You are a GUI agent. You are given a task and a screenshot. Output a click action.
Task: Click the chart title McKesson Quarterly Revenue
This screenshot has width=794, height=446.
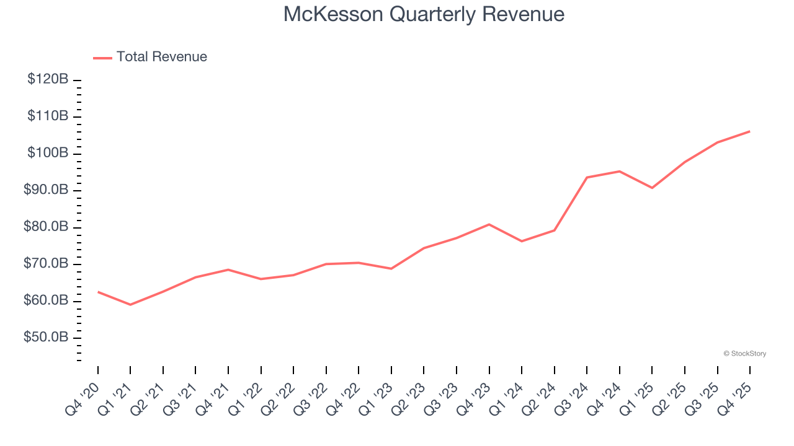(424, 14)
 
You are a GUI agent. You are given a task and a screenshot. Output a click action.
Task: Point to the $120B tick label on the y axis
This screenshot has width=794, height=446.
(48, 79)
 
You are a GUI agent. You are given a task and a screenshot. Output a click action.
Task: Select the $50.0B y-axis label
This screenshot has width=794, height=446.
(47, 338)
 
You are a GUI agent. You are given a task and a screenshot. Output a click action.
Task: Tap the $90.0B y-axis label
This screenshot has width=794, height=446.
(47, 190)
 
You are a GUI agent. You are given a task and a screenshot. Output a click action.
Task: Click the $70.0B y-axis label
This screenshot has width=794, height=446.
(47, 264)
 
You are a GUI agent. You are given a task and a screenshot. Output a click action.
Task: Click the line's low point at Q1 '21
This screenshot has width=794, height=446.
(130, 305)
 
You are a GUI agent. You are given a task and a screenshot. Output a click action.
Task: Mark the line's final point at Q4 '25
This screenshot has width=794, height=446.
(749, 131)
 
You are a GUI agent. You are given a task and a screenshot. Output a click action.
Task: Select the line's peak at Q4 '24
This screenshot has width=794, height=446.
(619, 171)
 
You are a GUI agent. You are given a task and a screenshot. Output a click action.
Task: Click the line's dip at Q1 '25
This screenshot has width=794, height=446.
(652, 188)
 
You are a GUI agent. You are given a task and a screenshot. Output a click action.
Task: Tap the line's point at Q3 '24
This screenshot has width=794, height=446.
(587, 177)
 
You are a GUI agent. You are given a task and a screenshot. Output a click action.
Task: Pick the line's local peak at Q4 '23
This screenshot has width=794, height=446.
(489, 224)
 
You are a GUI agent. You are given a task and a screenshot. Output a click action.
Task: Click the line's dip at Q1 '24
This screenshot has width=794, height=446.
(522, 241)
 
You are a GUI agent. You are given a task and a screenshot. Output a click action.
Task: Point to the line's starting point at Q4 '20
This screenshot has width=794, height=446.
(98, 292)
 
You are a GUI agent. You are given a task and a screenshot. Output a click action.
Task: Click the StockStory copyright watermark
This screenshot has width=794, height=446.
(744, 354)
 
